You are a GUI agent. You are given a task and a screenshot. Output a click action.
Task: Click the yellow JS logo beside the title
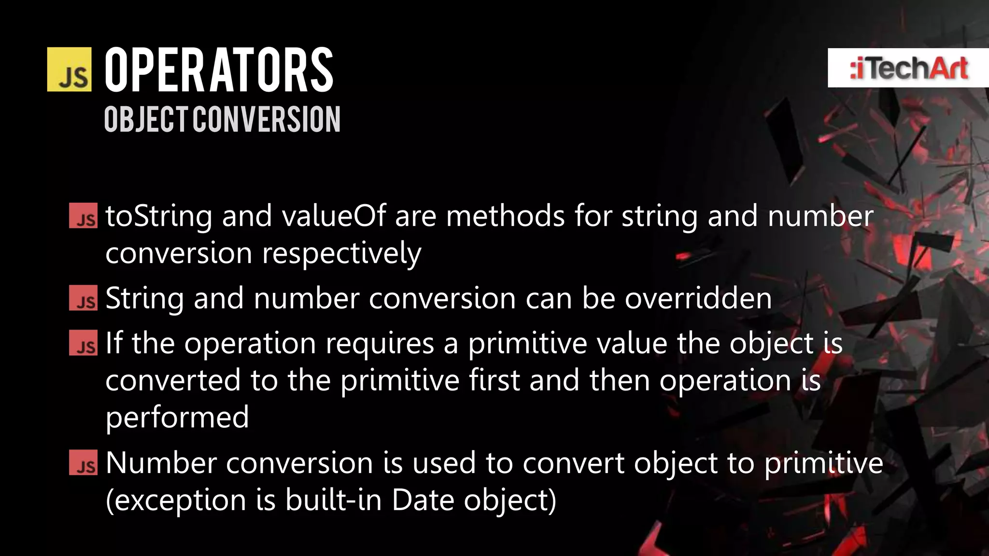(x=69, y=69)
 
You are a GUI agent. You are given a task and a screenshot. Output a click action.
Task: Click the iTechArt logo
(x=908, y=68)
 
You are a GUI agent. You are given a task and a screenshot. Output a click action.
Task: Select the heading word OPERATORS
(x=219, y=70)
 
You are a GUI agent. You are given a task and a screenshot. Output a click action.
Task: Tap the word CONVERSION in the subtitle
(x=267, y=119)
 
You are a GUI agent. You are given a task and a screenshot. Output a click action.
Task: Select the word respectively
(x=341, y=253)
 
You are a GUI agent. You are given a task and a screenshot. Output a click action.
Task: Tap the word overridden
(x=698, y=298)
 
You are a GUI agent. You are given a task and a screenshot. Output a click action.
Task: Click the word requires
(x=380, y=344)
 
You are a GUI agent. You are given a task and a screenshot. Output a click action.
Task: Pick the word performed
(x=177, y=417)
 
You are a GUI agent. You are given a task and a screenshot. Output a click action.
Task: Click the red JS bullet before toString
(x=83, y=216)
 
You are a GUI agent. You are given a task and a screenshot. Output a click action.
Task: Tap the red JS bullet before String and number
(x=83, y=298)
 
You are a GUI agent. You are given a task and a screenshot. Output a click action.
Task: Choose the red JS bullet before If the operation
(x=83, y=343)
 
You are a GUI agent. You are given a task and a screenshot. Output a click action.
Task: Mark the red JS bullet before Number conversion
(x=83, y=462)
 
